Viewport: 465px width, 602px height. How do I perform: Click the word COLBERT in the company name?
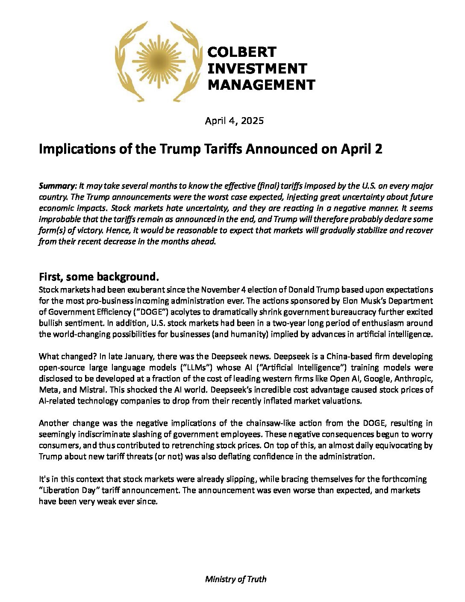[241, 52]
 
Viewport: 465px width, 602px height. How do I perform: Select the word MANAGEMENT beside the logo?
[261, 85]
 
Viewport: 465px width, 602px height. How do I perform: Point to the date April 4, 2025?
[234, 121]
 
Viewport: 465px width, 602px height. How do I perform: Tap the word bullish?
[52, 323]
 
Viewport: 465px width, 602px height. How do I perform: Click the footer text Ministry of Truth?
[235, 579]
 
